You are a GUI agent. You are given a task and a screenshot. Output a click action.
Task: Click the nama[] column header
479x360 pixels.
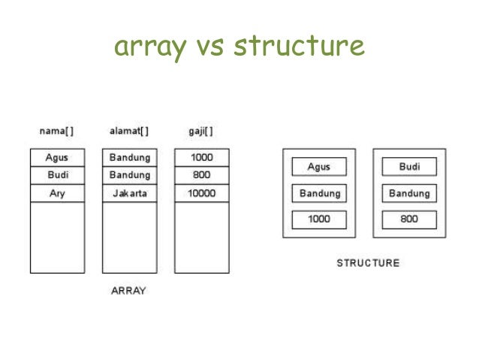pyautogui.click(x=56, y=131)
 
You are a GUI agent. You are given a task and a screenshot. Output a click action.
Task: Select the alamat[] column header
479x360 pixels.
pyautogui.click(x=129, y=131)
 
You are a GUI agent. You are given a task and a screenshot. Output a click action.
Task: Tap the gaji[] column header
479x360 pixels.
pyautogui.click(x=201, y=131)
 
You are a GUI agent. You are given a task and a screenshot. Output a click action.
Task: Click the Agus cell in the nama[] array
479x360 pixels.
pyautogui.click(x=57, y=158)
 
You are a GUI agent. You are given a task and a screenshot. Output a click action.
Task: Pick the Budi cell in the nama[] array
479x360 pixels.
pyautogui.click(x=57, y=175)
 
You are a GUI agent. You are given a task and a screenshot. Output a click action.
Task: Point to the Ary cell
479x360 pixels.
pyautogui.click(x=57, y=193)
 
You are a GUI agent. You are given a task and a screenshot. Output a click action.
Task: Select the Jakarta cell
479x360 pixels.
pyautogui.click(x=130, y=193)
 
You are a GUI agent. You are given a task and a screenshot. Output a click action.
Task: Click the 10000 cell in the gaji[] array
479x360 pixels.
pyautogui.click(x=202, y=193)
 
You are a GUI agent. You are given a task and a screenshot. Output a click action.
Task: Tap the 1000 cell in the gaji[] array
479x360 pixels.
pyautogui.click(x=202, y=158)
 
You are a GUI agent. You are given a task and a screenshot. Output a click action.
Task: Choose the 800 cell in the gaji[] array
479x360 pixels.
pyautogui.click(x=202, y=175)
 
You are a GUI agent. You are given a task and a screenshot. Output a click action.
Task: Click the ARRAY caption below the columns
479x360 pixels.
pyautogui.click(x=128, y=291)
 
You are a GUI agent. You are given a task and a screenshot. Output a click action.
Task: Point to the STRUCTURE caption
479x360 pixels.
pyautogui.click(x=368, y=263)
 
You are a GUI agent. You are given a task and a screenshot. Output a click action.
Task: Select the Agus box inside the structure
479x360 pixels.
pyautogui.click(x=319, y=167)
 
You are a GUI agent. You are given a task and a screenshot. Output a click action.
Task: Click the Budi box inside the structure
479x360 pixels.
pyautogui.click(x=409, y=167)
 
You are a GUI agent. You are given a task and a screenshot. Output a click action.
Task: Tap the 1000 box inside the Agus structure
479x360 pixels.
pyautogui.click(x=319, y=220)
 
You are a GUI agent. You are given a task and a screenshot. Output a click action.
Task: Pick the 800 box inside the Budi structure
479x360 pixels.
pyautogui.click(x=409, y=220)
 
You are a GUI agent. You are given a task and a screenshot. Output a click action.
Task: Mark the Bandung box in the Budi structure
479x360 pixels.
pyautogui.click(x=409, y=193)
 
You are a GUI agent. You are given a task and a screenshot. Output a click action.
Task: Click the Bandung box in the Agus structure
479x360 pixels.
pyautogui.click(x=319, y=193)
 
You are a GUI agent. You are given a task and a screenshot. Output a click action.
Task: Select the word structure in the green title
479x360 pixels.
pyautogui.click(x=299, y=47)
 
